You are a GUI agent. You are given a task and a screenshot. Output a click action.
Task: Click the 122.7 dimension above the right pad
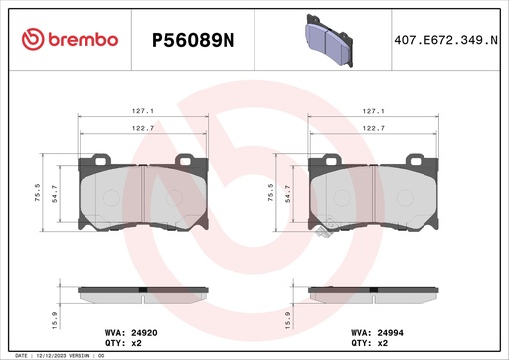coord(375,128)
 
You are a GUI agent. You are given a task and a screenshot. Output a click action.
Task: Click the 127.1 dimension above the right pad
coord(375,112)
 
